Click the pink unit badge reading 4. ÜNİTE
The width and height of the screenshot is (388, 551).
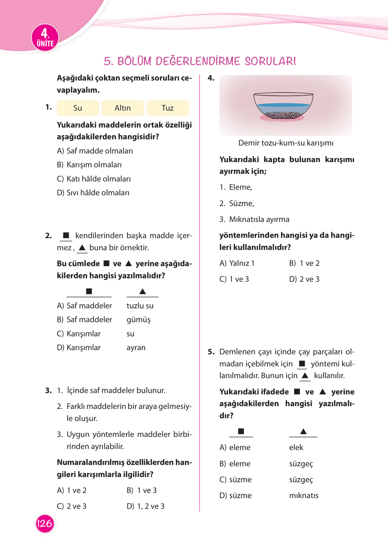(45, 38)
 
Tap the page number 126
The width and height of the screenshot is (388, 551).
(45, 523)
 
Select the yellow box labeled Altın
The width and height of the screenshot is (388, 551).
(123, 108)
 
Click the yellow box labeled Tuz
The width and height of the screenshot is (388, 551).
(168, 108)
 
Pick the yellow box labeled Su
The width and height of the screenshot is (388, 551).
(78, 108)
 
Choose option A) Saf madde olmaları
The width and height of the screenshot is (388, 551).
(95, 151)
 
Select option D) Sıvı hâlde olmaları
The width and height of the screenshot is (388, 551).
(93, 193)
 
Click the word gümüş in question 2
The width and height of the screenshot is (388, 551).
(139, 320)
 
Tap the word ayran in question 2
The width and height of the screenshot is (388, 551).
(136, 347)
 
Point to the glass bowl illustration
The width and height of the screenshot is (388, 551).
(283, 106)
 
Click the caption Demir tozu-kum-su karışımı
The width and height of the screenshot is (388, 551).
(286, 143)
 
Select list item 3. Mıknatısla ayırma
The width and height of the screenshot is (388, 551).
(254, 219)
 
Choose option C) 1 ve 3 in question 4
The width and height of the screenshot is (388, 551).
(234, 279)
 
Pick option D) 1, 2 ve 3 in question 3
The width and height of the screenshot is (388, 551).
(145, 506)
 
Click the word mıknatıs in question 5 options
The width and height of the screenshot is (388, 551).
(304, 495)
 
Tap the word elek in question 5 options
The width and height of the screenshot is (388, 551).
(296, 447)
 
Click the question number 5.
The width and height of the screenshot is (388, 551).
(211, 352)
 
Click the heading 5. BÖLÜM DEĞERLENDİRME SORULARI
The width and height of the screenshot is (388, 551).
(200, 61)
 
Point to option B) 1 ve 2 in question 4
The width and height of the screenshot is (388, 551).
(304, 263)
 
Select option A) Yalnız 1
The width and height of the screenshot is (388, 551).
(237, 263)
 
